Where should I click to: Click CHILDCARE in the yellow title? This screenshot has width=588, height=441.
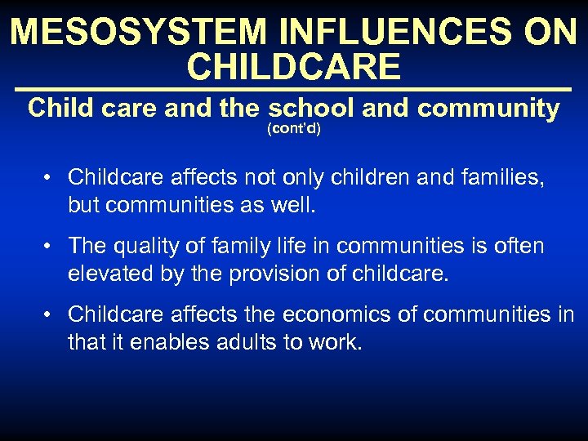click(294, 67)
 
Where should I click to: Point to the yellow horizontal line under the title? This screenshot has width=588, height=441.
click(294, 89)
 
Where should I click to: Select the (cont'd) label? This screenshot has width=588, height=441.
click(294, 129)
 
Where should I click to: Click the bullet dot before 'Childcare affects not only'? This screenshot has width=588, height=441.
click(50, 178)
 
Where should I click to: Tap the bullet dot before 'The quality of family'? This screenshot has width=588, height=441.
click(50, 247)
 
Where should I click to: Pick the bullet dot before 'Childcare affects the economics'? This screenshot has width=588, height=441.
click(50, 315)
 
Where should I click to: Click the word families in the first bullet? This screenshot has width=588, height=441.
click(499, 177)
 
